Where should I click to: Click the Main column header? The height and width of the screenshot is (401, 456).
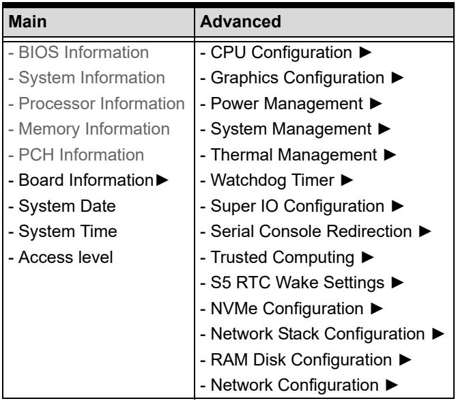point(27,22)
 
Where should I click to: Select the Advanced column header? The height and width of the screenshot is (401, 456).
point(240,22)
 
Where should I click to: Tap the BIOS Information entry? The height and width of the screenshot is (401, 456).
point(84,53)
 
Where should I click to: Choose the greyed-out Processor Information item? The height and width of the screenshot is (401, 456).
point(102,104)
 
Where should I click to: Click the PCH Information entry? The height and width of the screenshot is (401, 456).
point(81,155)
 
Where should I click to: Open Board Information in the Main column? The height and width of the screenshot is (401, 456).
point(86,180)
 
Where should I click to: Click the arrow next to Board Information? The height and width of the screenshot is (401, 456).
point(162,180)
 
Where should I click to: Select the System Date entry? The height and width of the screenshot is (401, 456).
point(67,206)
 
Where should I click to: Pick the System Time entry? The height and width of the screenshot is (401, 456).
point(68,232)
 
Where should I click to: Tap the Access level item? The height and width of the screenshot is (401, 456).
point(66,258)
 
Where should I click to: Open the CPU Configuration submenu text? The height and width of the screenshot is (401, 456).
point(281,53)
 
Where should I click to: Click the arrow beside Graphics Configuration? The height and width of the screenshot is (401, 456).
point(397,78)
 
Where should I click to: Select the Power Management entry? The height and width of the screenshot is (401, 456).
point(287,104)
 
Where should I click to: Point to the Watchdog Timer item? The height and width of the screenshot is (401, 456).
point(272,180)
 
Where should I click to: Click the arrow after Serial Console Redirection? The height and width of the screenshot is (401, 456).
point(425,232)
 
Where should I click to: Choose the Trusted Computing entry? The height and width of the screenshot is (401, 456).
point(283,258)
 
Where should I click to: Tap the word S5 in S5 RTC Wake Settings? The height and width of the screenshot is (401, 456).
point(220,283)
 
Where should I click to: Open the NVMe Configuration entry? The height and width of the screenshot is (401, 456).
point(287,309)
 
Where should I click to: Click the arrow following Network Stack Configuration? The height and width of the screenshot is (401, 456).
point(438,334)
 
